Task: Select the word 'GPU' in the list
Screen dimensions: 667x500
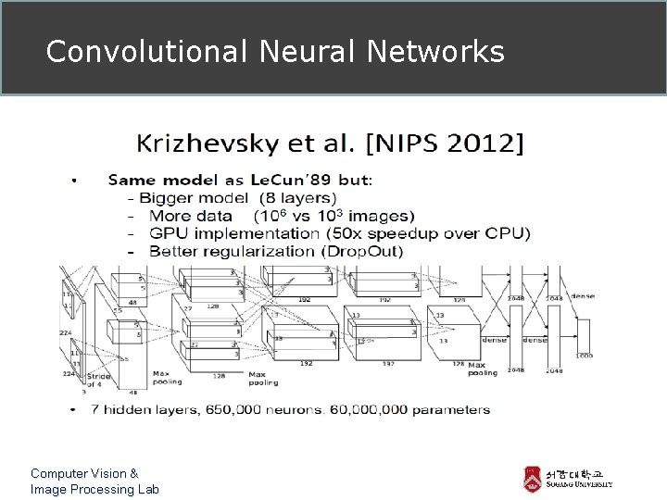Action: (x=168, y=233)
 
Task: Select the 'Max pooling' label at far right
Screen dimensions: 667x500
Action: (x=483, y=369)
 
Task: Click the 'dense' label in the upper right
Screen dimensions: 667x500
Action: (x=584, y=295)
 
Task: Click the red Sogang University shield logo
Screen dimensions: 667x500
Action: (x=531, y=480)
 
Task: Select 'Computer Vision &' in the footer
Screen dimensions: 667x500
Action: (x=84, y=473)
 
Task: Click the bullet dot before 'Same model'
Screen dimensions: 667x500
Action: (x=73, y=180)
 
